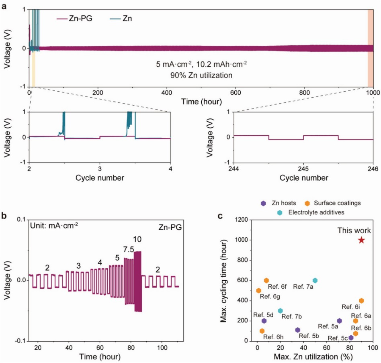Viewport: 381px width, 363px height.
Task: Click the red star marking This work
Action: pos(361,240)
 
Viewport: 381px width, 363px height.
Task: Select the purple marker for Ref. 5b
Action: pos(298,330)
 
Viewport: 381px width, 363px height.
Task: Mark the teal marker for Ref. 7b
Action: pos(281,310)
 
